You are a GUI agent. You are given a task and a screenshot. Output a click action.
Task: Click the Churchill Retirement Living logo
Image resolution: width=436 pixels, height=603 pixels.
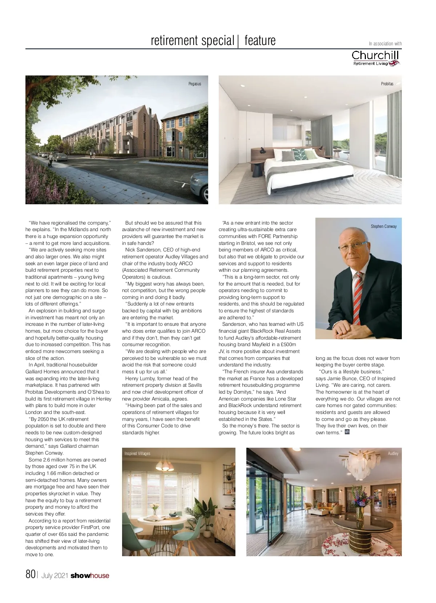tap(376, 58)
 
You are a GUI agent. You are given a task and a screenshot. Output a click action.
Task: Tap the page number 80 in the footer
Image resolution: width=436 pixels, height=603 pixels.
tap(30, 574)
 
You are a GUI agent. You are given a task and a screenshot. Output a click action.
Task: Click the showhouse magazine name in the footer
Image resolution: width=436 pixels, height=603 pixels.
tap(90, 575)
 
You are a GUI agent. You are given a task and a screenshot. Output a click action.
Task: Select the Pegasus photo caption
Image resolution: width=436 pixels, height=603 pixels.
tap(194, 84)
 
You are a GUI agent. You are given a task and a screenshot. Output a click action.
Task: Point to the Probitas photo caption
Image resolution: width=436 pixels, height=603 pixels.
tap(387, 84)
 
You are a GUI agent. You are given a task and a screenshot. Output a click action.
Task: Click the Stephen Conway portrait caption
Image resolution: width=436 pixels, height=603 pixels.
tap(383, 226)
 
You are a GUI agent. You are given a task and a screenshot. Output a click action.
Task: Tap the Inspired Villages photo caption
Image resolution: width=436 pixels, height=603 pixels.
tap(137, 454)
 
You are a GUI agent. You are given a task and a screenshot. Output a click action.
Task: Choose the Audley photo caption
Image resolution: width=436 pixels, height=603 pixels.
tap(393, 454)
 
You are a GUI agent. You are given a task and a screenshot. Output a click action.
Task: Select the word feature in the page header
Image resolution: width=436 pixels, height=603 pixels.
tap(260, 40)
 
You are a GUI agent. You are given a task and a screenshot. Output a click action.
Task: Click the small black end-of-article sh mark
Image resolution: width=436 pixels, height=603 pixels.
tap(347, 432)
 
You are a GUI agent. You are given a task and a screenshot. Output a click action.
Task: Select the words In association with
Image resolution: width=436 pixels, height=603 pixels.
tap(385, 44)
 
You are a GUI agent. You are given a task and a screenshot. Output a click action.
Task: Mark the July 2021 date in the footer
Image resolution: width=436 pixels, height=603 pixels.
tap(55, 575)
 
